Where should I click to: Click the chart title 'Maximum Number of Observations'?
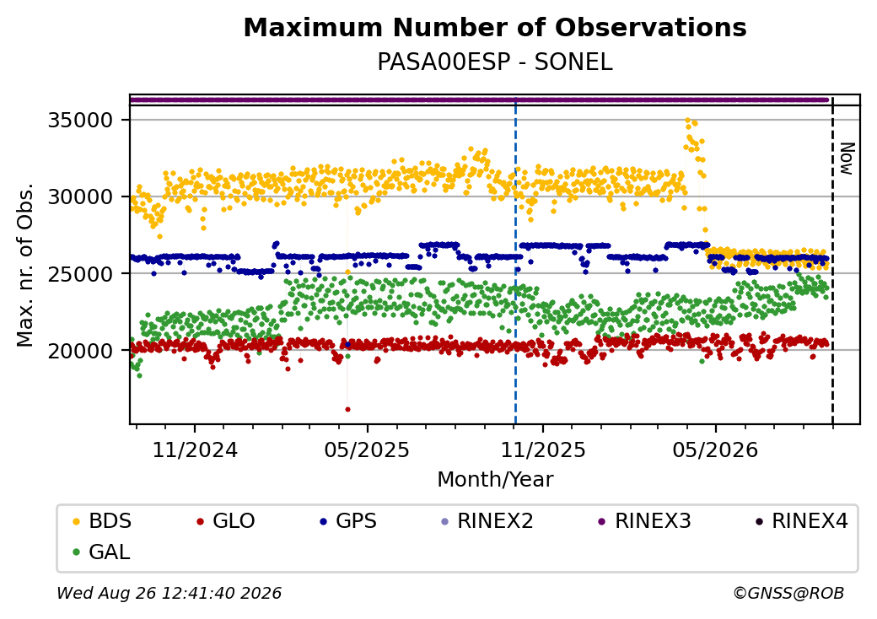[x=495, y=27]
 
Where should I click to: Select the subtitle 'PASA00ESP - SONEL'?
[x=495, y=62]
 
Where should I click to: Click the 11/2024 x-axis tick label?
[x=195, y=450]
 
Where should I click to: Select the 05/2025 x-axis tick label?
[x=367, y=450]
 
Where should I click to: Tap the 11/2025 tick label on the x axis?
[x=542, y=450]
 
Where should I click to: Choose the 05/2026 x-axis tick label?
[x=715, y=450]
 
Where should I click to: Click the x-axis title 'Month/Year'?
[x=495, y=480]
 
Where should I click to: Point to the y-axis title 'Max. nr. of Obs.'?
[x=25, y=265]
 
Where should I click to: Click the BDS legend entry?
[x=102, y=521]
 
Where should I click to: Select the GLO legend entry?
[x=226, y=521]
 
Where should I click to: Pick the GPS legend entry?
[x=348, y=521]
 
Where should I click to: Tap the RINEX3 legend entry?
[x=645, y=521]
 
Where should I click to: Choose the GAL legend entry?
[x=102, y=552]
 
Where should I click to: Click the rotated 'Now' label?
[x=847, y=159]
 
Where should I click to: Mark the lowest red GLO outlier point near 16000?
[x=347, y=409]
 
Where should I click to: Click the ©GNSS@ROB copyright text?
[x=788, y=593]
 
